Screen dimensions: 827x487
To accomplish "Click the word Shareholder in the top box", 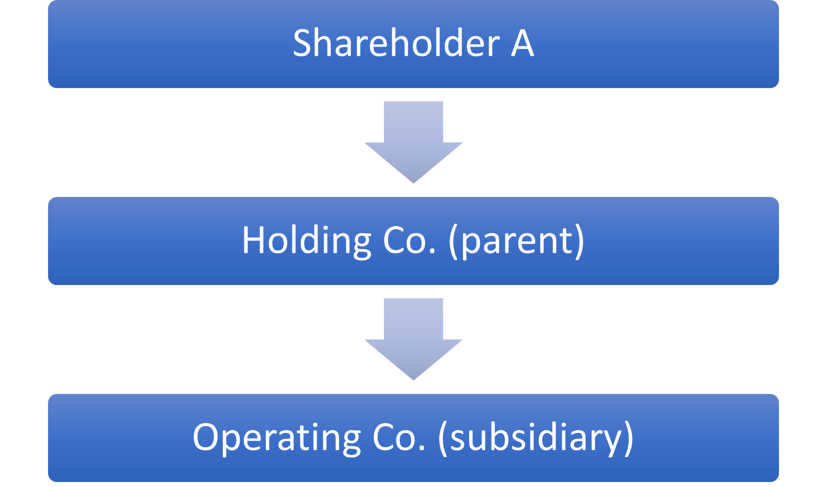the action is coord(396,43).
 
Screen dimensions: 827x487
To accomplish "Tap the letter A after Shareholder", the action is coord(523,43).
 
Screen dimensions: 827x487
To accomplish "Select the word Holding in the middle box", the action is coord(307,241).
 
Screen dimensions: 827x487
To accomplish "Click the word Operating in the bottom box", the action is coord(277,438).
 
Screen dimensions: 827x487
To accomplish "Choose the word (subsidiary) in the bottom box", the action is coord(536,438).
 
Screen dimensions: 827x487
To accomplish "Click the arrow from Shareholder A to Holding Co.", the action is coord(413,142).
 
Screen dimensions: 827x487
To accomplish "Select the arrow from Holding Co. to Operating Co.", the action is coord(413,339).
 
